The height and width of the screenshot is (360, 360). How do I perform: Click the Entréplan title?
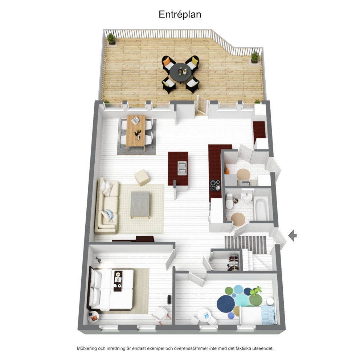(180, 15)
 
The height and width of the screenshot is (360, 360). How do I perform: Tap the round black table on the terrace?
(181, 71)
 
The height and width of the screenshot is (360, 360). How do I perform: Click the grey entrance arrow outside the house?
(292, 235)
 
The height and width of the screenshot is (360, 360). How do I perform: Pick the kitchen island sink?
(182, 168)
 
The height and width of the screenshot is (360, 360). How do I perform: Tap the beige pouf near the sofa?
(142, 177)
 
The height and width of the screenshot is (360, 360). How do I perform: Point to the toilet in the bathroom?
(229, 201)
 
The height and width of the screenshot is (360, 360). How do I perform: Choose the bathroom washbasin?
(246, 197)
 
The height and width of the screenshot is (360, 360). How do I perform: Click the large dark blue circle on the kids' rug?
(226, 303)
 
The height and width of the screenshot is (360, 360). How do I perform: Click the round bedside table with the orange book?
(93, 317)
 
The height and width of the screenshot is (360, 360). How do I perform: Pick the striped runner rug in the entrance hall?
(245, 245)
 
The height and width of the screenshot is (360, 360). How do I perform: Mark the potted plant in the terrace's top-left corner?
(111, 39)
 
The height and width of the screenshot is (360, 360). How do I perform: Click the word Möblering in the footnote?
(87, 348)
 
